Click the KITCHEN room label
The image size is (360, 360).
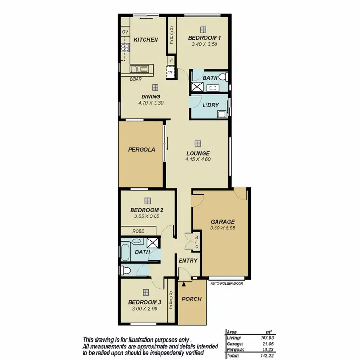click(x=145, y=39)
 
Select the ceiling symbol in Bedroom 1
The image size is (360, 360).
click(x=203, y=29)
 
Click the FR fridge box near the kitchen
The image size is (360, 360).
click(x=169, y=72)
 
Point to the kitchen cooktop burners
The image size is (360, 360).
click(x=126, y=47)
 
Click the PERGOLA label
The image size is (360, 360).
click(x=141, y=149)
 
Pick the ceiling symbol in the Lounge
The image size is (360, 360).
click(x=198, y=143)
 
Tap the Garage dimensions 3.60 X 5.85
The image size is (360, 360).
click(x=222, y=228)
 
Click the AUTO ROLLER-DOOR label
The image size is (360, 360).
click(x=227, y=284)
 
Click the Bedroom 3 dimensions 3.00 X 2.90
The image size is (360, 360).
click(x=144, y=309)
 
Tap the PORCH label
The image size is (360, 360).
click(x=192, y=299)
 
